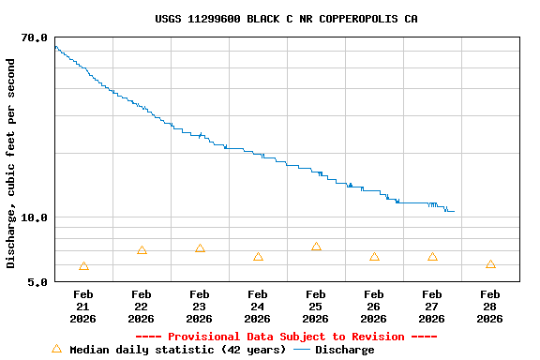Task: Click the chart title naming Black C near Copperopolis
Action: tap(286, 19)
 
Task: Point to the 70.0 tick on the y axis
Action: tap(35, 37)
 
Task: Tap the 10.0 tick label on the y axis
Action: tap(35, 217)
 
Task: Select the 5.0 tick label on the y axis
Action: tap(38, 281)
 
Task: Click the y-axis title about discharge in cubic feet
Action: tap(11, 163)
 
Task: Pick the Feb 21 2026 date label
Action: tap(83, 307)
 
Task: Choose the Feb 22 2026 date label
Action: tap(142, 307)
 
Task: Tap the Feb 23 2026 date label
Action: tap(200, 307)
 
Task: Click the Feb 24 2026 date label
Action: tap(258, 307)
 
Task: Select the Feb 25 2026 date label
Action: tap(316, 307)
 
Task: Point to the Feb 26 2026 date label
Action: tap(374, 307)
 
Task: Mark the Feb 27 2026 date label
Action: tap(432, 307)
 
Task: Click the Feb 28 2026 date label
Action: tap(490, 307)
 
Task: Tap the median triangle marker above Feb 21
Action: tap(83, 266)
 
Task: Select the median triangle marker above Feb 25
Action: tap(316, 247)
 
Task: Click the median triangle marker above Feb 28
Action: tap(490, 264)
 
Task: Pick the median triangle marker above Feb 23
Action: tap(200, 248)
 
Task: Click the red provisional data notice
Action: tap(286, 337)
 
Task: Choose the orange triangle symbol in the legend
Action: tap(56, 349)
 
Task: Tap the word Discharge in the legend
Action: tap(344, 350)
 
